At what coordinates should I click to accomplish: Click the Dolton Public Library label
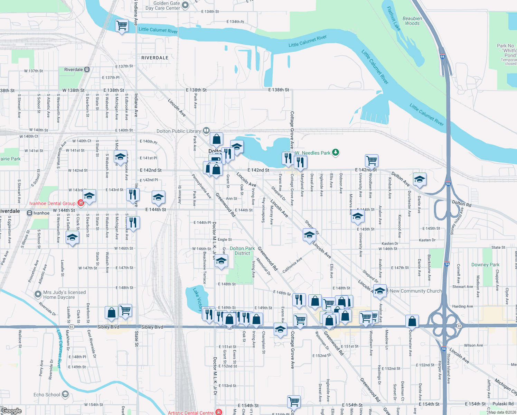(179, 131)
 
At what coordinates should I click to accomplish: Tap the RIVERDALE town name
(155, 58)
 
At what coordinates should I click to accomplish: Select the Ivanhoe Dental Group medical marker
(81, 203)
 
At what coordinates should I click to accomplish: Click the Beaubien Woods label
(412, 21)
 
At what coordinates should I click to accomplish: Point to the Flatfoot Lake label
(394, 19)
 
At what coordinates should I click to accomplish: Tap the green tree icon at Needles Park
(335, 152)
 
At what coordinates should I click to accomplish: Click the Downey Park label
(485, 265)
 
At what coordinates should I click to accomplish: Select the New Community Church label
(416, 291)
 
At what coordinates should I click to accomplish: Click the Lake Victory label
(198, 299)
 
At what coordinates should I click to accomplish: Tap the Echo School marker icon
(65, 394)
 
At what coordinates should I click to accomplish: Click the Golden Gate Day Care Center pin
(185, 5)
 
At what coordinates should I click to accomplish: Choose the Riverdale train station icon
(87, 70)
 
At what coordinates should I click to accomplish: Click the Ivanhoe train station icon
(30, 213)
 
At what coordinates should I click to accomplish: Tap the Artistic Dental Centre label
(191, 413)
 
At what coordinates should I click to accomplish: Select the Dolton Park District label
(242, 251)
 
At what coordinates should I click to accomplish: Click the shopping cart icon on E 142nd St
(372, 160)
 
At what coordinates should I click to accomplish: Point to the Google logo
(11, 411)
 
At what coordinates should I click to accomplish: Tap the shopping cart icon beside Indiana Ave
(122, 25)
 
